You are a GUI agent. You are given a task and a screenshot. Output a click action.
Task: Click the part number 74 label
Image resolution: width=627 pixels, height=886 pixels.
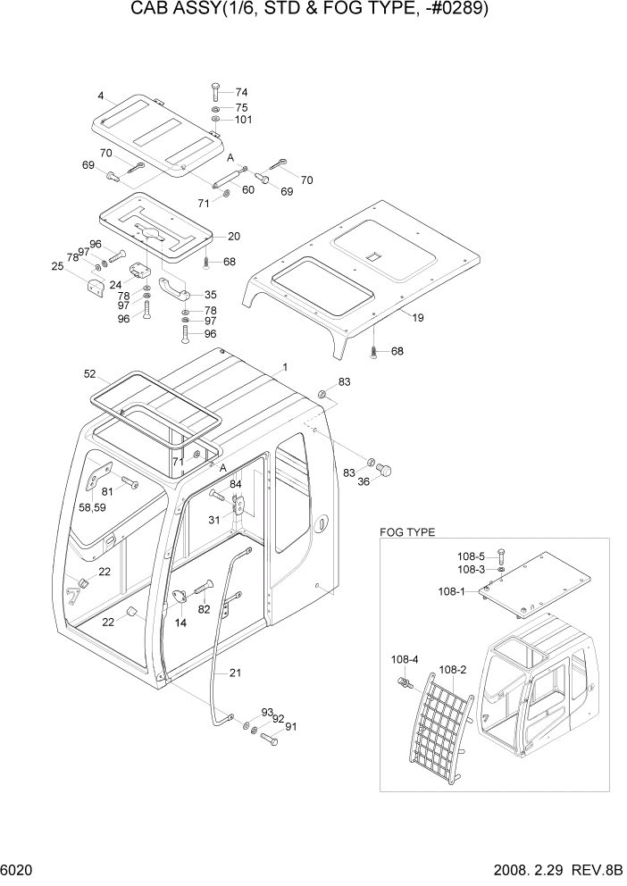(x=241, y=92)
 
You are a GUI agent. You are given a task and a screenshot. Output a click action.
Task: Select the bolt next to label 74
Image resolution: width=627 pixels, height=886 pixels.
(x=215, y=92)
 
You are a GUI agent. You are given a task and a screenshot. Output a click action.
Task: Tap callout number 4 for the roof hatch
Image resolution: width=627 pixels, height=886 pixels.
(x=102, y=96)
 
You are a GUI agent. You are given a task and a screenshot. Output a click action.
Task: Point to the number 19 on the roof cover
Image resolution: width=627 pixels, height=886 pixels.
(x=418, y=316)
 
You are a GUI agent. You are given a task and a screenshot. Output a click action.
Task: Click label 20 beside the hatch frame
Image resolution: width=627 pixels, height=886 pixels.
(x=234, y=236)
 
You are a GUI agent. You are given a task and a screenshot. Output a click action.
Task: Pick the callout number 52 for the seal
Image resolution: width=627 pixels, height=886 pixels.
(x=90, y=373)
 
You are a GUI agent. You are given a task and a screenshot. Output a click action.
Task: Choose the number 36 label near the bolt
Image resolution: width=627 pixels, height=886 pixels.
(x=364, y=483)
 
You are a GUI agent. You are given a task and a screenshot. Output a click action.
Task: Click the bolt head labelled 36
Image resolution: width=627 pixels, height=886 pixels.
(x=386, y=469)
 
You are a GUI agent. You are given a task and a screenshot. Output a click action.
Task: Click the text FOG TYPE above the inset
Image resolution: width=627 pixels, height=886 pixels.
(x=407, y=532)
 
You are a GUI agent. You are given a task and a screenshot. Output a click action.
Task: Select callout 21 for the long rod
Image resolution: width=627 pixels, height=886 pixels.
(x=236, y=673)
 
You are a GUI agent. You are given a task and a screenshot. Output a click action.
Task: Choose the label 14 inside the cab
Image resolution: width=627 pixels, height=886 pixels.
(x=180, y=623)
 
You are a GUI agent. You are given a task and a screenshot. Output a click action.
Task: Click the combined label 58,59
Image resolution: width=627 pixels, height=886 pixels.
(x=93, y=507)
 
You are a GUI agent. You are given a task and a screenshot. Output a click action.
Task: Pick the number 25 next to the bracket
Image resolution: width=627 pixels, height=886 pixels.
(x=57, y=266)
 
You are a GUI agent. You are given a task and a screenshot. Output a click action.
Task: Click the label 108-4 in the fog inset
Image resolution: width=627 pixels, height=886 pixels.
(x=405, y=660)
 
